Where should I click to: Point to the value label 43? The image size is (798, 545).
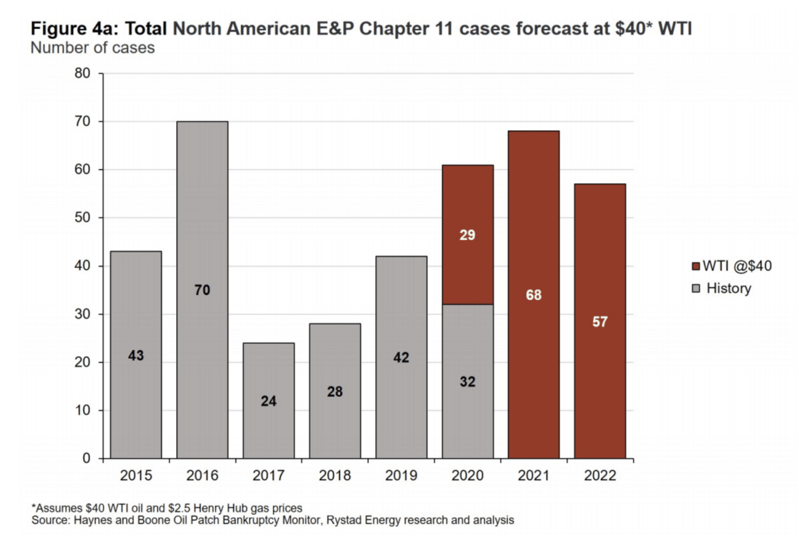point(136,355)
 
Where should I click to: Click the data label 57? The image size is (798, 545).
point(600,322)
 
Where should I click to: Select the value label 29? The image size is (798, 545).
point(467,235)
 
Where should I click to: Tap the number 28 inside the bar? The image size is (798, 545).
point(335,392)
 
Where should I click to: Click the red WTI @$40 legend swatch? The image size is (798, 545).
point(696,266)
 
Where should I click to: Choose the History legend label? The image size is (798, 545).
point(729,288)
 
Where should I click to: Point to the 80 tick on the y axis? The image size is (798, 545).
point(83,73)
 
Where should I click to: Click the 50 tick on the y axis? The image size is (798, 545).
point(83,217)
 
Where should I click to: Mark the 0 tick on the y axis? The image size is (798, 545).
point(87,459)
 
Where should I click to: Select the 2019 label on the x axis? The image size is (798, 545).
point(401,475)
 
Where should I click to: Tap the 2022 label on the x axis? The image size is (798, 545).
point(600,475)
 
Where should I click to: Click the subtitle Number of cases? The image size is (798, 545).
point(93,48)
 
